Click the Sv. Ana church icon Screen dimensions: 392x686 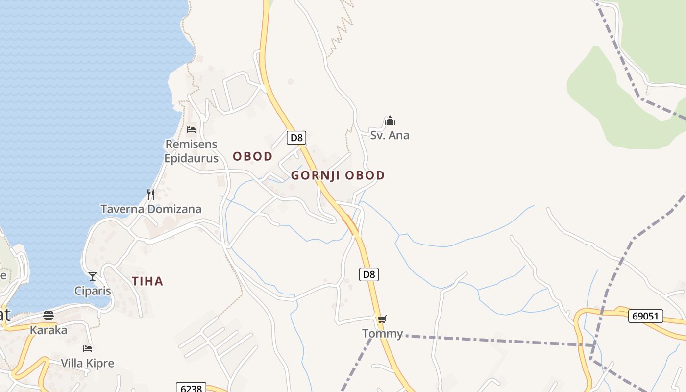click(x=390, y=121)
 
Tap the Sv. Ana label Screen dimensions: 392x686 click(x=390, y=135)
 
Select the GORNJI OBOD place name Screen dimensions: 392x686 click(x=338, y=175)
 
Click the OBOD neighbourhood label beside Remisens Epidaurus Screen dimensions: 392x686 click(x=252, y=156)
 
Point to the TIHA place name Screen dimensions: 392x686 click(x=147, y=281)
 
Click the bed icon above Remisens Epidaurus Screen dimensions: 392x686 click(x=191, y=130)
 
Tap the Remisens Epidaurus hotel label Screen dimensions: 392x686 click(x=191, y=151)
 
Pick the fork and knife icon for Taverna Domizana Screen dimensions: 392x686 click(x=151, y=195)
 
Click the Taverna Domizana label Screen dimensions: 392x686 click(x=151, y=209)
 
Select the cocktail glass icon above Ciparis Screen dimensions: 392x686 click(x=93, y=276)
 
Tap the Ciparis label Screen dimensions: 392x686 click(x=93, y=291)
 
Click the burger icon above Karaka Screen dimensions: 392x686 click(x=49, y=315)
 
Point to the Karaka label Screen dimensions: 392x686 click(x=49, y=330)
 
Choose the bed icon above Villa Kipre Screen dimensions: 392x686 click(x=88, y=349)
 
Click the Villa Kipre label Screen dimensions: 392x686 click(x=88, y=364)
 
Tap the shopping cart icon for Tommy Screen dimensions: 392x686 click(x=382, y=319)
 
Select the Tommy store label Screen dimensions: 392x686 click(x=382, y=334)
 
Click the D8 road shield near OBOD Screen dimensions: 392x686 click(x=296, y=138)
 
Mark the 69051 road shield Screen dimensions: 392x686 click(x=645, y=316)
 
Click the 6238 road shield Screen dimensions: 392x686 click(x=191, y=388)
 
